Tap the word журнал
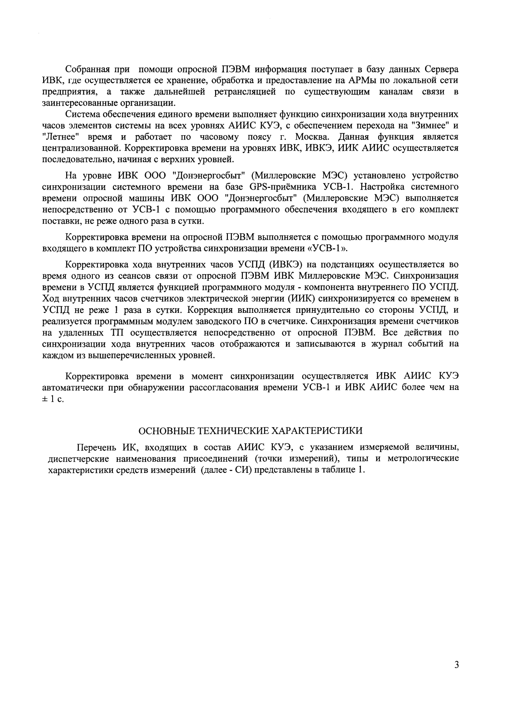coord(386,343)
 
